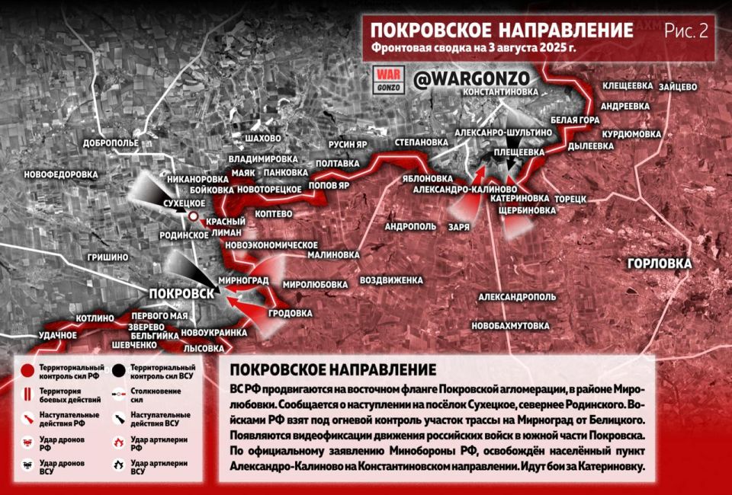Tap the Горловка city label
pyautogui.click(x=660, y=263)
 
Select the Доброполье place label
pyautogui.click(x=111, y=142)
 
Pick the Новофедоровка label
pyautogui.click(x=61, y=174)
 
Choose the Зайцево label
pyautogui.click(x=674, y=87)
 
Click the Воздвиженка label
pyautogui.click(x=391, y=280)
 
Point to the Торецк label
pyautogui.click(x=570, y=198)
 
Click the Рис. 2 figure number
pyautogui.click(x=685, y=31)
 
